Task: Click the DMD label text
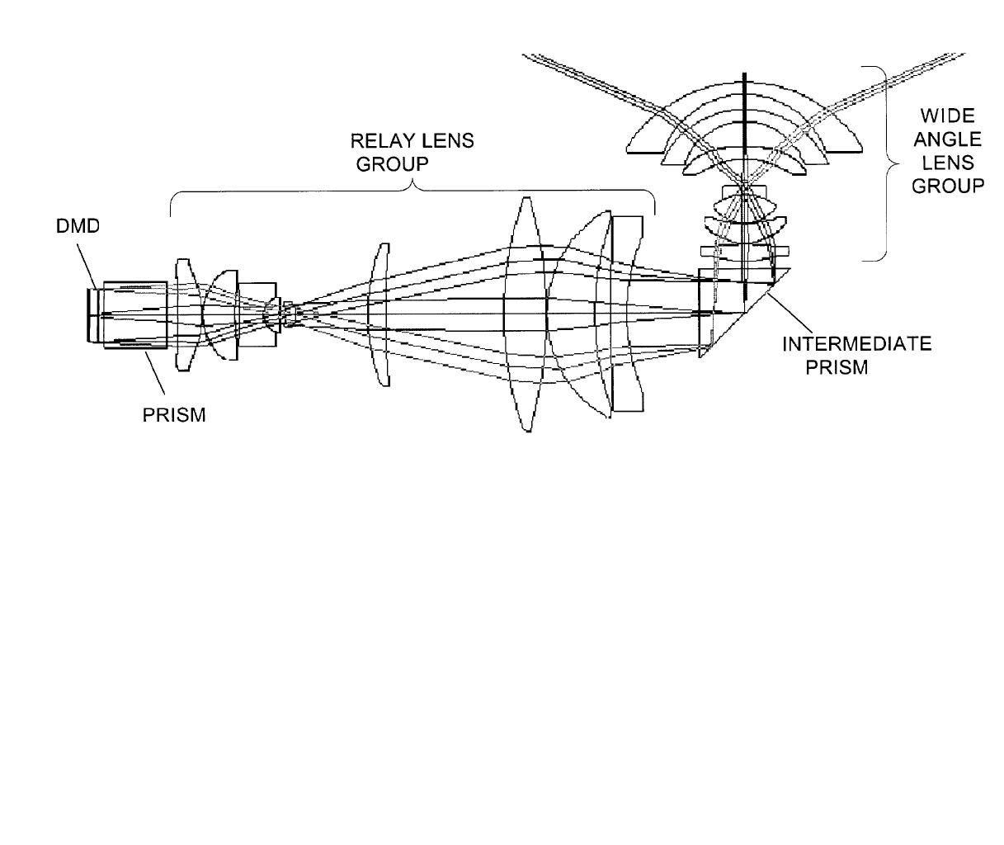78,226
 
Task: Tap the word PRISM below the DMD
174,415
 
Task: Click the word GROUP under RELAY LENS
393,164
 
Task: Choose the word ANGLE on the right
948,139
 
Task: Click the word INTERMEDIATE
857,344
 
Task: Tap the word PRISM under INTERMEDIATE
837,367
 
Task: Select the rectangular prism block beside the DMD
135,315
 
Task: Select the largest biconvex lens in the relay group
526,314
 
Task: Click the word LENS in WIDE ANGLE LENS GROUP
948,163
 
